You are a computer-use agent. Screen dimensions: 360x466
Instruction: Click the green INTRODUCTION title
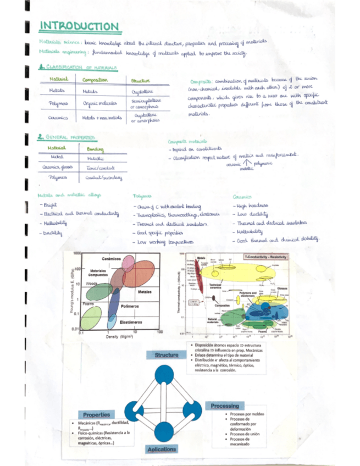coord(79,26)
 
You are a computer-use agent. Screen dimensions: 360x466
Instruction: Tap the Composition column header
coord(96,80)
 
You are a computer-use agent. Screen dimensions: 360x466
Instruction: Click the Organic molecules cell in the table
coord(97,103)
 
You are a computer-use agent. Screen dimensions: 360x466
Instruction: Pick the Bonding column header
coord(97,149)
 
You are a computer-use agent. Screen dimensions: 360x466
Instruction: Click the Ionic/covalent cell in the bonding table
coord(101,168)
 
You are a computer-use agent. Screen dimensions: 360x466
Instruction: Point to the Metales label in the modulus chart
coord(145,291)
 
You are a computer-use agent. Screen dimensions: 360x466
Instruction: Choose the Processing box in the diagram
coord(224,406)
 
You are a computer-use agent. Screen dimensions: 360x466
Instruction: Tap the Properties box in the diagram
coord(97,414)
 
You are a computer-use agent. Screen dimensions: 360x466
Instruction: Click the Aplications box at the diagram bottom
coord(162,449)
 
